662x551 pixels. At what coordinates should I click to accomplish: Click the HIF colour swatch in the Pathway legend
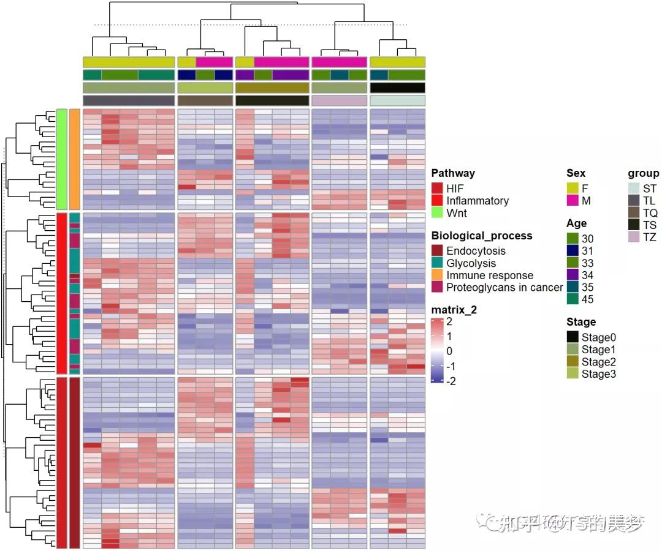[437, 189]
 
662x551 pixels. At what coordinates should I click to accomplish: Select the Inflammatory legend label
[477, 201]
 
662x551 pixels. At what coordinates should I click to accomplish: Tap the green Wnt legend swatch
[437, 213]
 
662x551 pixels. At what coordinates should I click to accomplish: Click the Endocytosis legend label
[476, 251]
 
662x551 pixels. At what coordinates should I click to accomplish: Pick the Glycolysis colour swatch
[437, 263]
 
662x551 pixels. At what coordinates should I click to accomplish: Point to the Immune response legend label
[490, 275]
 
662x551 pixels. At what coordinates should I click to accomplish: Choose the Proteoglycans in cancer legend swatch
[437, 288]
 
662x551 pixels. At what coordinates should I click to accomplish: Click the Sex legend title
[576, 173]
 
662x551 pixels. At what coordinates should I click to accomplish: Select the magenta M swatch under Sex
[573, 201]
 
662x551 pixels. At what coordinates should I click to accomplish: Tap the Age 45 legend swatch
[573, 299]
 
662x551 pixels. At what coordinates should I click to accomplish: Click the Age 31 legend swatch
[573, 251]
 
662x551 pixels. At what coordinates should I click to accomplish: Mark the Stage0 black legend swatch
[573, 337]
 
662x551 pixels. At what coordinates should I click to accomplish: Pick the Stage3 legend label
[599, 374]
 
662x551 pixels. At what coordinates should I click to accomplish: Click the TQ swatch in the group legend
[633, 213]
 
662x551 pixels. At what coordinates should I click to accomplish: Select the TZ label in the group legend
[650, 238]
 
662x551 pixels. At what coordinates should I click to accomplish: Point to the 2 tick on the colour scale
[449, 322]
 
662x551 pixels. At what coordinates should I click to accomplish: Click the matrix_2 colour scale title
[454, 310]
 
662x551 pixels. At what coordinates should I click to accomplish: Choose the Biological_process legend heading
[482, 236]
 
